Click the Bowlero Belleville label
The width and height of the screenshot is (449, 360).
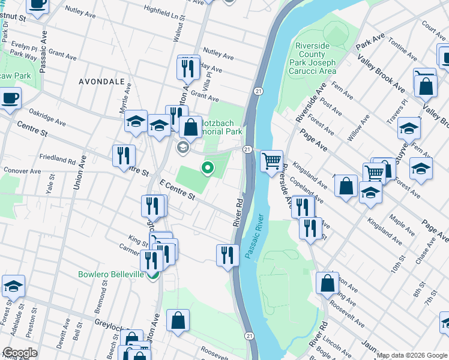tap(111, 274)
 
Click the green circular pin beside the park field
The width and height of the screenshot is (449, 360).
tap(208, 169)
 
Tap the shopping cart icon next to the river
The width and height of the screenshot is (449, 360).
tap(272, 161)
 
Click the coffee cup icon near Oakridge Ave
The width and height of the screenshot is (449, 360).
tap(10, 98)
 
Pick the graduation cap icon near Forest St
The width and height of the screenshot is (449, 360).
tap(13, 286)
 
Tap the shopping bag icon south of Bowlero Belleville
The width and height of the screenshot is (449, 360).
tap(178, 320)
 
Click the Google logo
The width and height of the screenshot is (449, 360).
tap(20, 353)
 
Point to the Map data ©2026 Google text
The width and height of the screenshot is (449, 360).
tap(411, 355)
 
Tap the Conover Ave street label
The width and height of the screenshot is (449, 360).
tap(22, 171)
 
